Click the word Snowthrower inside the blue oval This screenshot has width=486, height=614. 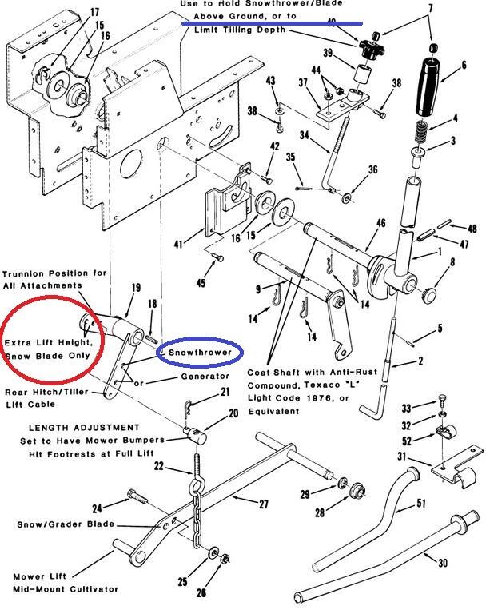(200, 352)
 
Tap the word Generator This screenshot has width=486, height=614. (205, 376)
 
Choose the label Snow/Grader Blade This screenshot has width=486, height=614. (66, 524)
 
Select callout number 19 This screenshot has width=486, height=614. (136, 288)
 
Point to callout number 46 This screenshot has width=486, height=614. (380, 224)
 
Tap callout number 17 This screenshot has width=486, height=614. (95, 13)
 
